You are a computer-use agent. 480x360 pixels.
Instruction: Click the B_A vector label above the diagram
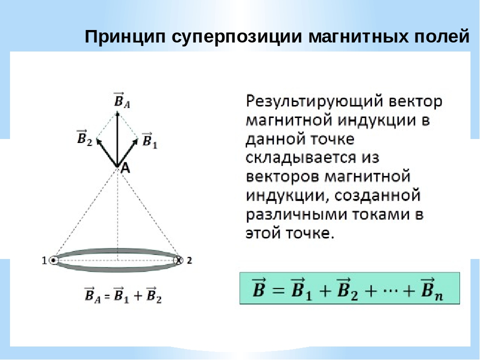click(121, 100)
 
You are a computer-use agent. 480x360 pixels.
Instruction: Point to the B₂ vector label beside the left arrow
click(84, 138)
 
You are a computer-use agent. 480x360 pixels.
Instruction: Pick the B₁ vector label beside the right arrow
click(149, 140)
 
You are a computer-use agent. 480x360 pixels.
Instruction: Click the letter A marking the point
click(125, 168)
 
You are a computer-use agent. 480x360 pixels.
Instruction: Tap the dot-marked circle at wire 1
click(53, 260)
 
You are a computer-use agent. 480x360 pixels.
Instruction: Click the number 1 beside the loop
click(44, 260)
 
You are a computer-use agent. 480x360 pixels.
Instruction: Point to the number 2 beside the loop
click(189, 260)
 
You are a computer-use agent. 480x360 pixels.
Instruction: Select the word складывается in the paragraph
click(301, 158)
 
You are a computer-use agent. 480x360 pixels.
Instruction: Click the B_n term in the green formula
click(432, 288)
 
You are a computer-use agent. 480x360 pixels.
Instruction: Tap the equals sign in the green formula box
click(277, 289)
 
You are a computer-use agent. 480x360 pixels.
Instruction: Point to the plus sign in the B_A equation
click(138, 295)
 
